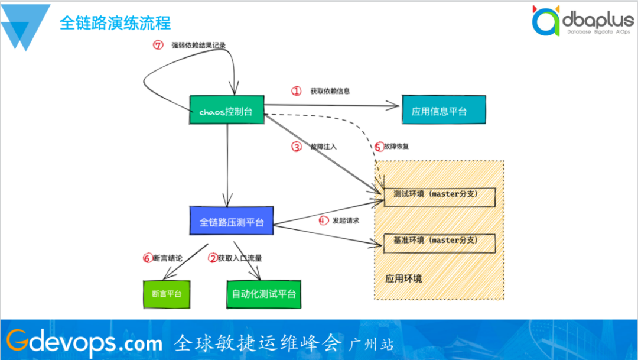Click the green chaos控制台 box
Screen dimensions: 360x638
tap(226, 111)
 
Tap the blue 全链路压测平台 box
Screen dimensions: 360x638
tap(232, 222)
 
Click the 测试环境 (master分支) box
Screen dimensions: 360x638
tap(439, 195)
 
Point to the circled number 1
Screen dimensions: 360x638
tap(297, 91)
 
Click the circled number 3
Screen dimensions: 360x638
tap(297, 147)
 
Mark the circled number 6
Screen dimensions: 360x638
tap(148, 258)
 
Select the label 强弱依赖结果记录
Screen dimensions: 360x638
tap(198, 46)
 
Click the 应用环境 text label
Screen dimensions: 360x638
tap(404, 278)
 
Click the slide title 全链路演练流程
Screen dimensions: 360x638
tap(115, 23)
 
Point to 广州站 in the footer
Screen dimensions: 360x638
tap(372, 343)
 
